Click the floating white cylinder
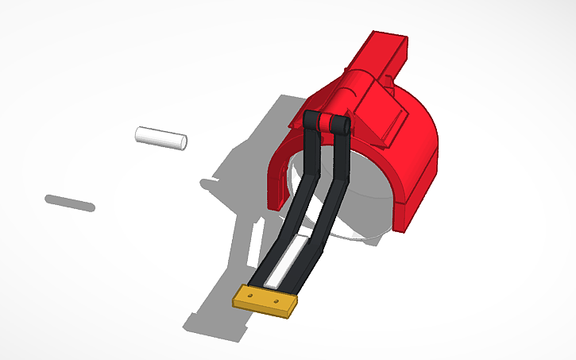point(159,137)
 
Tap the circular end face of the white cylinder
point(182,143)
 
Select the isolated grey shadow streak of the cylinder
point(70,203)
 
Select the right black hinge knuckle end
point(342,128)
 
